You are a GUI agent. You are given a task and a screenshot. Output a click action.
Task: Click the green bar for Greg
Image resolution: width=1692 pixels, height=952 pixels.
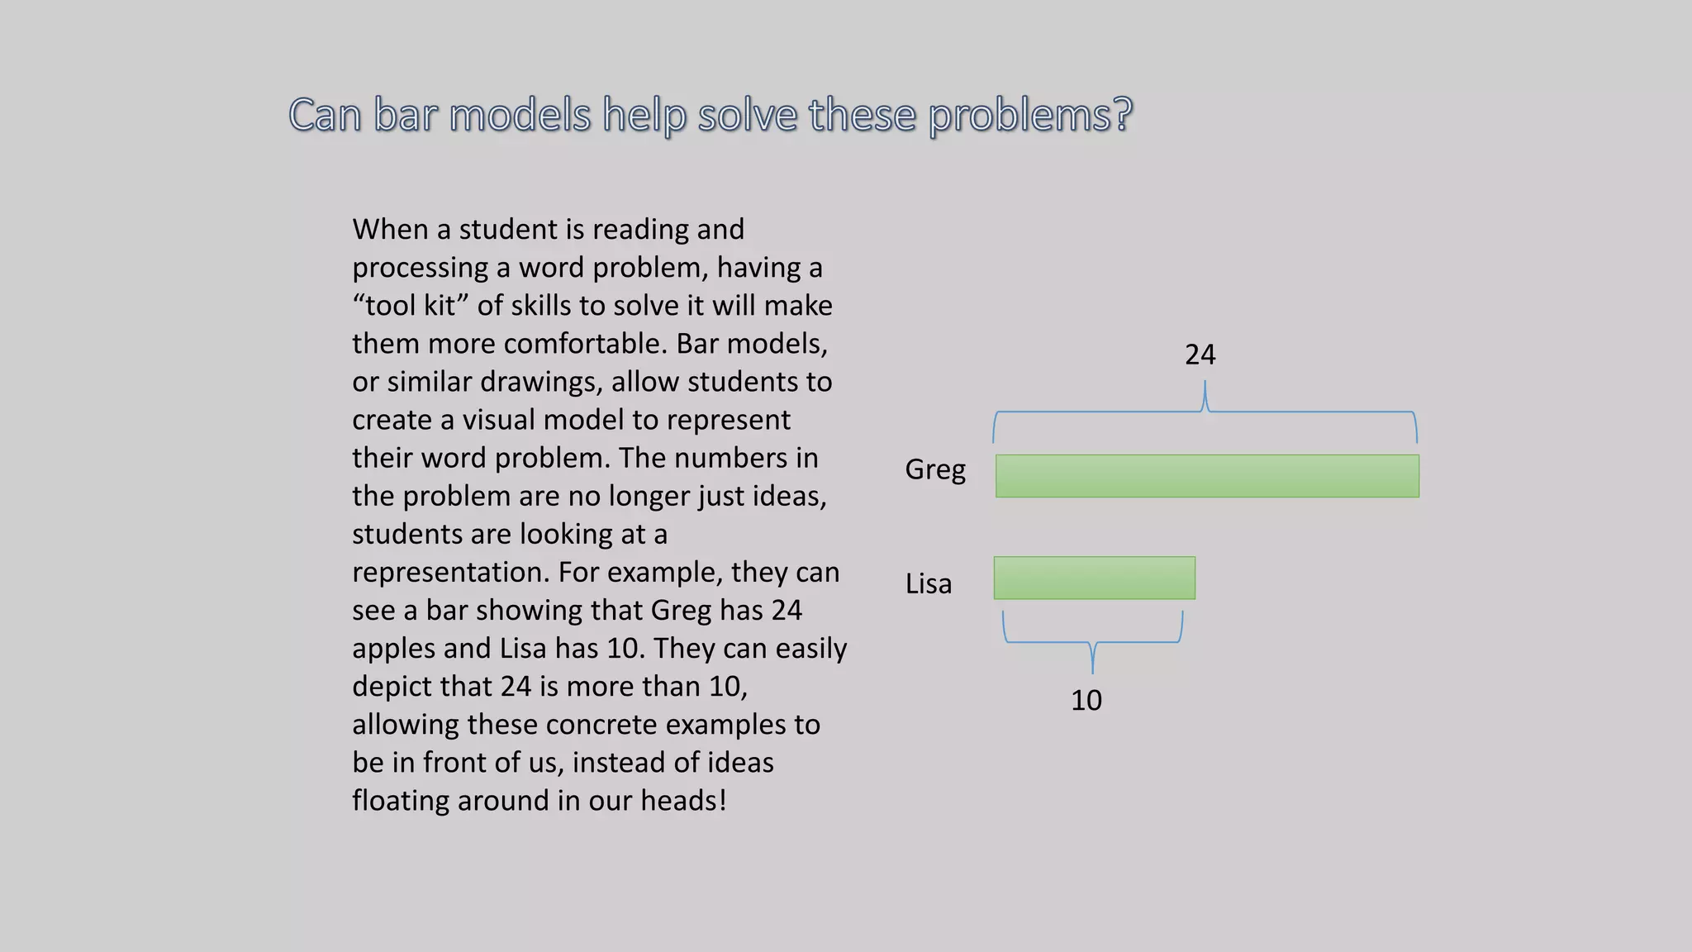[x=1207, y=476]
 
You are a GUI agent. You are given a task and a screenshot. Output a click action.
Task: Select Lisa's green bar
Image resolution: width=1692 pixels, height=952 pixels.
[x=1094, y=578]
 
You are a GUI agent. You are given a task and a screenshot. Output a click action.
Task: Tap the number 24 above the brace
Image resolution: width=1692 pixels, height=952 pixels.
[x=1200, y=355]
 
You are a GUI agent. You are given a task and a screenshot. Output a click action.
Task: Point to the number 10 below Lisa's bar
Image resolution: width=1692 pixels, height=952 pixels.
[x=1086, y=700]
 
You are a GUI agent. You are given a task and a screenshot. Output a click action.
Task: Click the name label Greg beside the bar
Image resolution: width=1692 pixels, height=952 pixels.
[x=935, y=469]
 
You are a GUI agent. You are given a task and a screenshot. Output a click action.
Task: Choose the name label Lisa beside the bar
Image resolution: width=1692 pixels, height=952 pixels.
[x=929, y=583]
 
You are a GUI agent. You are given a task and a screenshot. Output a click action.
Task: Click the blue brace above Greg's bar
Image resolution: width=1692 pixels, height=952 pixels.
[x=1205, y=412]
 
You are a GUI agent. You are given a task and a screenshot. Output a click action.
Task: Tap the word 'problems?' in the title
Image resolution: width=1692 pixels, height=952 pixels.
[x=1030, y=114]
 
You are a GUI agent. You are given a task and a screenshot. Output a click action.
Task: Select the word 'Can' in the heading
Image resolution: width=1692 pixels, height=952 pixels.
[x=325, y=114]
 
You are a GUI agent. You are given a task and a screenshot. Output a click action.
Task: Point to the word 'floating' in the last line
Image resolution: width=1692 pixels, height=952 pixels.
[x=400, y=801]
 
